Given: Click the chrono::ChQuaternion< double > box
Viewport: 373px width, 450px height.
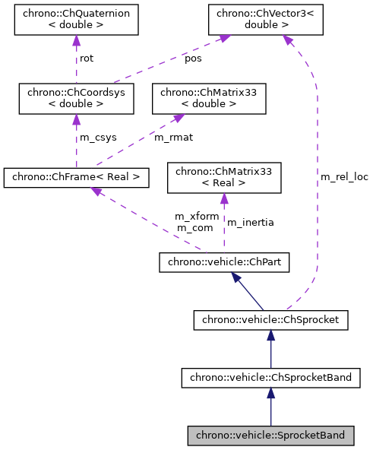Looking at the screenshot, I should click(76, 20).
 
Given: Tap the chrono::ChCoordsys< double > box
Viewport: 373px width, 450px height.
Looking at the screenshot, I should click(76, 98).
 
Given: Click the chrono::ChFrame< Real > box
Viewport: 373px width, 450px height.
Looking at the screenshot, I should click(75, 178).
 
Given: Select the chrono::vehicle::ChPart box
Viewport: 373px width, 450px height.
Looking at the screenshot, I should click(223, 263).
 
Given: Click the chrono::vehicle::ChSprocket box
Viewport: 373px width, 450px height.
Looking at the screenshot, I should click(270, 320).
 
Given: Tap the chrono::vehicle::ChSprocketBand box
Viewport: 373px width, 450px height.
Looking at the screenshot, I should click(270, 377).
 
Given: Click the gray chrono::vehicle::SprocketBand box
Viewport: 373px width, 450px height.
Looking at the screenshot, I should click(270, 436).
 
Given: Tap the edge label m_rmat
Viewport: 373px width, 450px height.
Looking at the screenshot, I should click(172, 138).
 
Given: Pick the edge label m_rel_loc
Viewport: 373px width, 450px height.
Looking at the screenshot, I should click(344, 177).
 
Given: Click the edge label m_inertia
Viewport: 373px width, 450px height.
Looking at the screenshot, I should click(250, 223).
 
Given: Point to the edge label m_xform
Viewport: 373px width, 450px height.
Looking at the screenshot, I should click(197, 217).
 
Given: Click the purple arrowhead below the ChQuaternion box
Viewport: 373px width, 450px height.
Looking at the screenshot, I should click(76, 43).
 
